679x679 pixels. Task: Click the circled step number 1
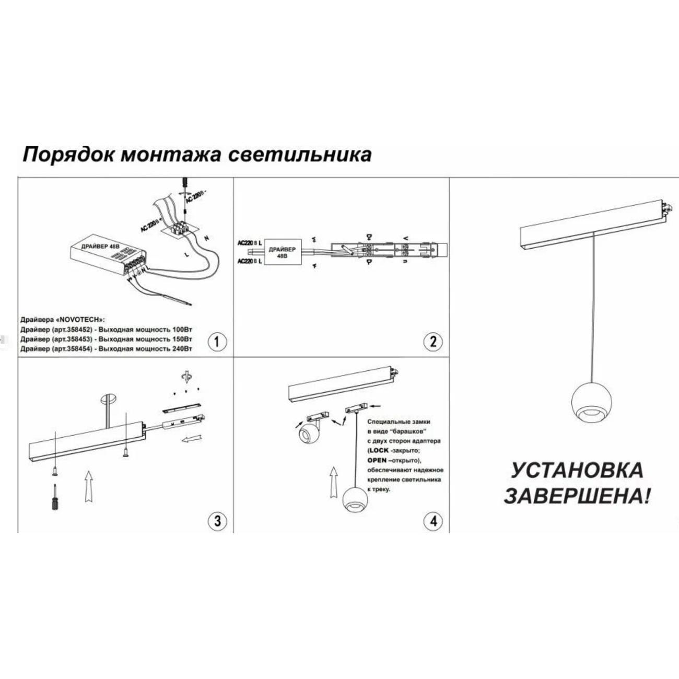tap(217, 342)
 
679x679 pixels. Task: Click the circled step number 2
tap(432, 342)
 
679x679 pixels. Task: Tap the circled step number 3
tap(217, 520)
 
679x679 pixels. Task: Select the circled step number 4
tap(432, 520)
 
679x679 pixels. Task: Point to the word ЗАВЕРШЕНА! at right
tap(578, 496)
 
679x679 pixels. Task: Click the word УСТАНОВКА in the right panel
tap(577, 470)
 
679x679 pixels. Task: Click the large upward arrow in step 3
tap(89, 486)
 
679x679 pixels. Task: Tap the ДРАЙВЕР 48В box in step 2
tap(282, 253)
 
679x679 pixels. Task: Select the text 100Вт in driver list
tap(181, 330)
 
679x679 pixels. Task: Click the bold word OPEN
tap(377, 460)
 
